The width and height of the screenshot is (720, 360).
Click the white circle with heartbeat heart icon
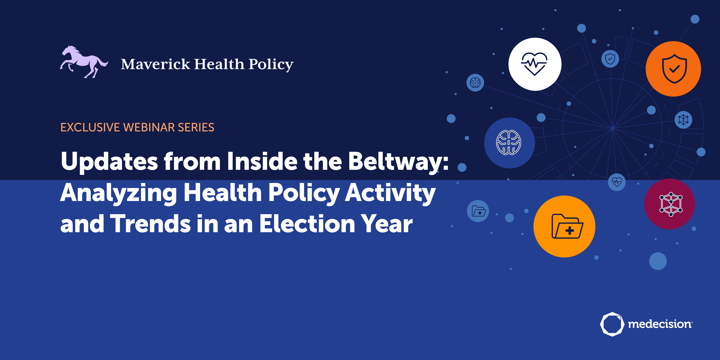click(535, 64)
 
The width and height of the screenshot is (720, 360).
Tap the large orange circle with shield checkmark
click(673, 69)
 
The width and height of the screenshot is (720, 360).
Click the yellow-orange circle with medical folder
click(564, 226)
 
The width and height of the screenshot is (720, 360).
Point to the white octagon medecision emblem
click(612, 324)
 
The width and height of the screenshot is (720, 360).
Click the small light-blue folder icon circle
click(478, 211)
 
